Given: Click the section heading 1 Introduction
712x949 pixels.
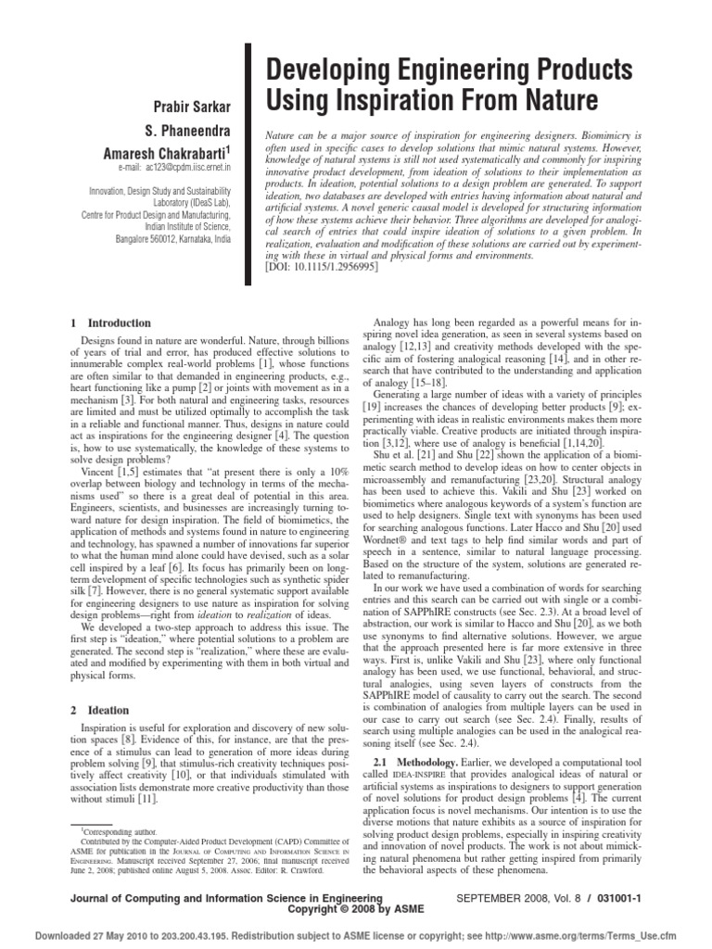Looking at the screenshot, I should [x=111, y=323].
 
